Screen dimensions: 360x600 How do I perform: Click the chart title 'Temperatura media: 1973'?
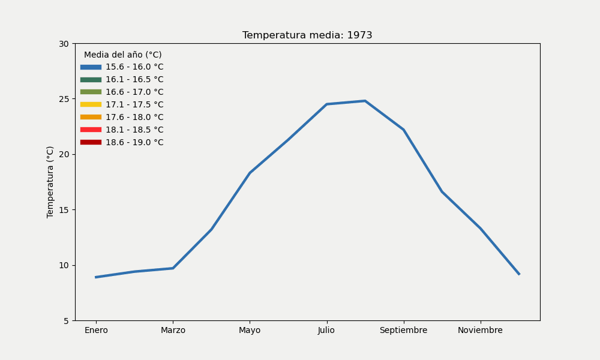click(307, 35)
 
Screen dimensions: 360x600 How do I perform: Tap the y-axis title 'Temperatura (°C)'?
click(50, 182)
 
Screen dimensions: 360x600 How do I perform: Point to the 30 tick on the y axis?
click(64, 44)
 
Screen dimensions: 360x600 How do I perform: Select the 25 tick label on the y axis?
click(64, 99)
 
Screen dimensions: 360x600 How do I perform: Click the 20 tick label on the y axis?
click(64, 154)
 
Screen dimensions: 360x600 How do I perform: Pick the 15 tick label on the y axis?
click(64, 210)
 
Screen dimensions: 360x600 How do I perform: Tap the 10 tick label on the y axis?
click(64, 265)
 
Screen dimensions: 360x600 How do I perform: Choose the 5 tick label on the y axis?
click(67, 321)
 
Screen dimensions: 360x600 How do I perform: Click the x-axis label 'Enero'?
click(96, 331)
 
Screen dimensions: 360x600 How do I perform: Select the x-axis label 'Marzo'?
click(173, 331)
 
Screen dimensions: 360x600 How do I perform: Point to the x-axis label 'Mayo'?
click(250, 331)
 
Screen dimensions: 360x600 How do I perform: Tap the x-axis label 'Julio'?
click(326, 331)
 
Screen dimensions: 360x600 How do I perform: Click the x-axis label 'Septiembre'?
click(403, 331)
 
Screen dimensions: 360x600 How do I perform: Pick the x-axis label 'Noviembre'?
click(480, 331)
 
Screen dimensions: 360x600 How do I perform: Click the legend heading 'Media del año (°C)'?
click(122, 55)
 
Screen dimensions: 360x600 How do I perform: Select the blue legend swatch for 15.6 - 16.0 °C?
click(91, 67)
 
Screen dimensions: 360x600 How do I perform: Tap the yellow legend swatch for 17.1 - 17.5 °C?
click(91, 104)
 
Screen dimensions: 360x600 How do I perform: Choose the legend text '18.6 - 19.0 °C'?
click(134, 143)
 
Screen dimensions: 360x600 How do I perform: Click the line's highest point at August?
click(365, 101)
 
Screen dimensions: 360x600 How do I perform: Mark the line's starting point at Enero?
click(96, 277)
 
